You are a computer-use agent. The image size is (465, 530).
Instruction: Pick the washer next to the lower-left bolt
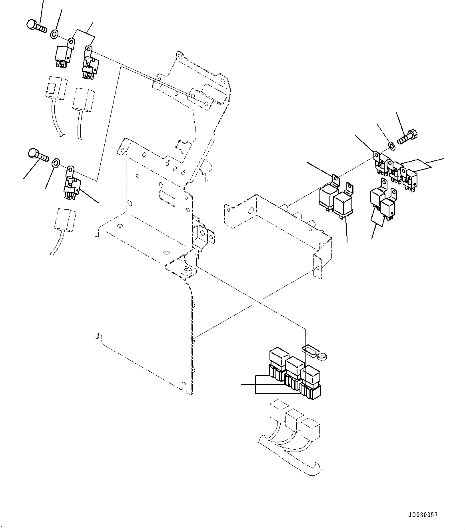click(x=56, y=162)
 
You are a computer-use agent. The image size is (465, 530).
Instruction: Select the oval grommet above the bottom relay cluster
click(x=311, y=350)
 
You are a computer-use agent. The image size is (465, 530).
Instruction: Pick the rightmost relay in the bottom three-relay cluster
click(x=311, y=382)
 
